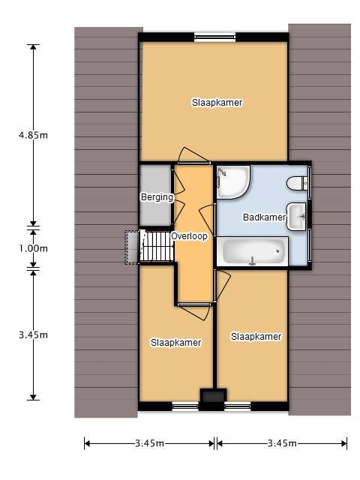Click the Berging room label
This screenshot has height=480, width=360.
tap(157, 197)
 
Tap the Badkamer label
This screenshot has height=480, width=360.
tap(264, 217)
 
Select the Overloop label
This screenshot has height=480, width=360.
tap(189, 236)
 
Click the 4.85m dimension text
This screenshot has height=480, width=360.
tap(33, 135)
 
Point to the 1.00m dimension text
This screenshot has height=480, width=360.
tap(33, 248)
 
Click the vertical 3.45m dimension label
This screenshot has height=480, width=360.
tap(33, 335)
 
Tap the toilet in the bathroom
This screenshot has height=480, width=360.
tap(297, 183)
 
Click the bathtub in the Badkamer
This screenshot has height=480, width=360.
tap(253, 251)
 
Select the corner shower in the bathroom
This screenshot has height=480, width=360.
tap(233, 181)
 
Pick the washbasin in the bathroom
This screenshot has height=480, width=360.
tap(296, 217)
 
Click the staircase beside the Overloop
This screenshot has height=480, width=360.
tap(157, 247)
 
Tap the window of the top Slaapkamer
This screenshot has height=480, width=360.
tap(215, 37)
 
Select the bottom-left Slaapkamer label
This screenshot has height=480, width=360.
tap(175, 343)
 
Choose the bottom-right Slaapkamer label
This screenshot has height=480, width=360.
tap(256, 337)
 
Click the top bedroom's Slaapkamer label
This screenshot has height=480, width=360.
tap(217, 103)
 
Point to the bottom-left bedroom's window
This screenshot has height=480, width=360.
tap(185, 406)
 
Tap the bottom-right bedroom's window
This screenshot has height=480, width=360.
tap(238, 406)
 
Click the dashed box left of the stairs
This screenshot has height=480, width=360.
tap(132, 247)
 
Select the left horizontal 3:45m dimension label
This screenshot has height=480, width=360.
tap(149, 443)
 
